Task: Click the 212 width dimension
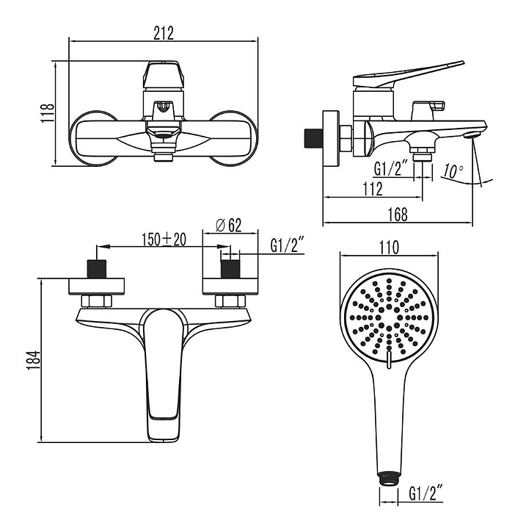pyautogui.click(x=164, y=33)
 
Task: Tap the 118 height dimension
pyautogui.click(x=48, y=113)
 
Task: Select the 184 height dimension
pyautogui.click(x=33, y=361)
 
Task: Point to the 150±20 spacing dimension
pyautogui.click(x=164, y=240)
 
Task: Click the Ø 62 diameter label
pyautogui.click(x=229, y=226)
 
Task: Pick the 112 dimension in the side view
pyautogui.click(x=373, y=189)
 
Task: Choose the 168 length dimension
pyautogui.click(x=398, y=215)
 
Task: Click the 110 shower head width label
pyautogui.click(x=390, y=248)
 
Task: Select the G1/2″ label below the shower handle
pyautogui.click(x=425, y=494)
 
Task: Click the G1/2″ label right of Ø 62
pyautogui.click(x=288, y=245)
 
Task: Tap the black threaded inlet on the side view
pyautogui.click(x=313, y=138)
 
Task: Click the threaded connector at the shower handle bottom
pyautogui.click(x=389, y=479)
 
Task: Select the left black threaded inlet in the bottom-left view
pyautogui.click(x=97, y=269)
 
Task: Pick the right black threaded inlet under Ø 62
pyautogui.click(x=230, y=269)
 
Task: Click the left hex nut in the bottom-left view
pyautogui.click(x=97, y=301)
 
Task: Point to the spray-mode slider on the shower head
pyautogui.click(x=389, y=359)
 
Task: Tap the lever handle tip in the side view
pyautogui.click(x=462, y=62)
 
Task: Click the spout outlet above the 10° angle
pyautogui.click(x=472, y=136)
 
